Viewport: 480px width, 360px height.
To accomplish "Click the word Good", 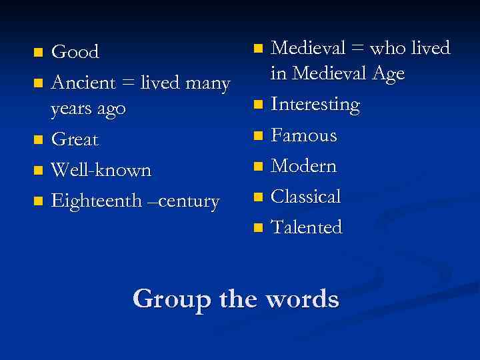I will pyautogui.click(x=75, y=51).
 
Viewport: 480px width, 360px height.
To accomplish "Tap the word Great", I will pyautogui.click(x=74, y=139).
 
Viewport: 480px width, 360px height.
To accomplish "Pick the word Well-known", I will pyautogui.click(x=101, y=170).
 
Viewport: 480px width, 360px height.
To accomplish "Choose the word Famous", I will pyautogui.click(x=303, y=135).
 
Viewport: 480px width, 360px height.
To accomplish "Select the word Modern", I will pyautogui.click(x=303, y=165).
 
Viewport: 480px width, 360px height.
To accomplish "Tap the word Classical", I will pyautogui.click(x=305, y=196).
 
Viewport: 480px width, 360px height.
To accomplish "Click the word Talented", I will pyautogui.click(x=306, y=227).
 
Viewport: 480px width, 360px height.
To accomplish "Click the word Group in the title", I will pyautogui.click(x=172, y=298).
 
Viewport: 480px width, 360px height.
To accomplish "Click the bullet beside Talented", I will pyautogui.click(x=258, y=228).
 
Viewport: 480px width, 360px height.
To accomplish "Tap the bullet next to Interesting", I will pyautogui.click(x=258, y=105).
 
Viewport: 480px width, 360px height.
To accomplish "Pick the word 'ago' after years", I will pyautogui.click(x=110, y=109).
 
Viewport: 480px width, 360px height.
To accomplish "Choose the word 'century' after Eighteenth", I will pyautogui.click(x=192, y=201).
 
